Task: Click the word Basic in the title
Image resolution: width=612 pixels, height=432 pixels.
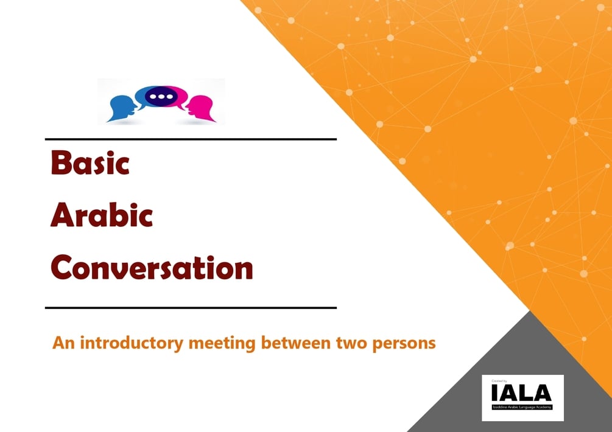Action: tap(90, 162)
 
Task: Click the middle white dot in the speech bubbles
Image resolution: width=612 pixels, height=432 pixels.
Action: tap(161, 96)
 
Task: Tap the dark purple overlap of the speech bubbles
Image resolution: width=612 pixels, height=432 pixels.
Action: tap(161, 96)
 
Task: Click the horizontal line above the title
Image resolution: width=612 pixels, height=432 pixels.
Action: tap(191, 139)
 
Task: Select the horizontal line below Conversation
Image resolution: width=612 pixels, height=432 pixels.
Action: tap(191, 308)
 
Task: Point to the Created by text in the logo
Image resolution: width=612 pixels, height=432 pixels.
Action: tap(498, 380)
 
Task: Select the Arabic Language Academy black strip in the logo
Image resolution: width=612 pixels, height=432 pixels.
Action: tap(522, 405)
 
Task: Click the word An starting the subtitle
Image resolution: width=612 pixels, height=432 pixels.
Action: tap(62, 343)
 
